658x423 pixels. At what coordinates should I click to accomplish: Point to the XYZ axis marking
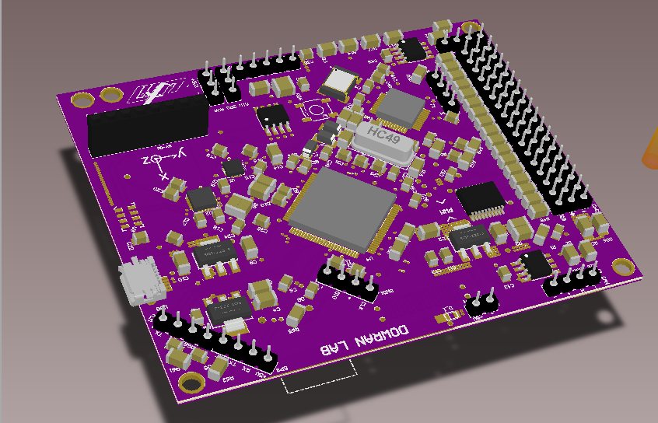click(x=160, y=161)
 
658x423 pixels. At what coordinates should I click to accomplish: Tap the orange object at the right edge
click(x=650, y=148)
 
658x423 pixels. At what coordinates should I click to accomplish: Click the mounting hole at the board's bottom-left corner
click(x=190, y=382)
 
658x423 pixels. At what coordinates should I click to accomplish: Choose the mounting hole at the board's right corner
click(x=623, y=267)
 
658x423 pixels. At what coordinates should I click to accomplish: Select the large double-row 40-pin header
click(x=513, y=117)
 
